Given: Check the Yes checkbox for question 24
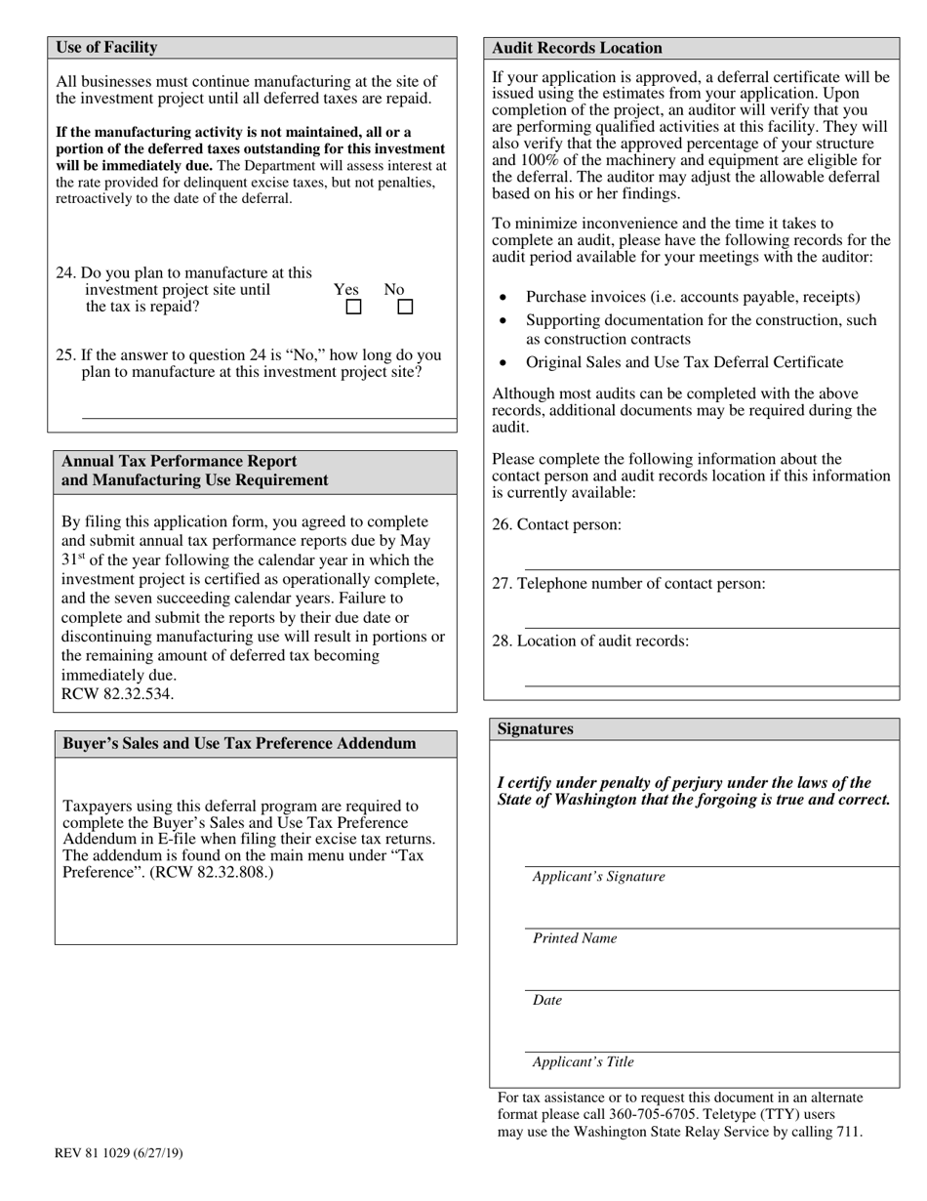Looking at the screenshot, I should tap(354, 307).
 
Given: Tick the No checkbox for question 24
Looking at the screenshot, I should tap(405, 307).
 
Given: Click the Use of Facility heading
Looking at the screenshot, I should tap(106, 48).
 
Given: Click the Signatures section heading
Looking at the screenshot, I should tap(536, 729).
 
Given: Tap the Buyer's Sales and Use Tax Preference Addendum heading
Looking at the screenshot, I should tap(239, 744).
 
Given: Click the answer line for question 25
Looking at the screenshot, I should tap(268, 410).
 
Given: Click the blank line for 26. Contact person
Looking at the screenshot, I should tap(711, 560).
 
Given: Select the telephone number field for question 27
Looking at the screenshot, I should tap(711, 619).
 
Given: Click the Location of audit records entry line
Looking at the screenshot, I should tap(711, 678).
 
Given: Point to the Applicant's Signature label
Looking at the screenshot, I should tap(598, 877).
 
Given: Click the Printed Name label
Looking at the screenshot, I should tap(575, 938).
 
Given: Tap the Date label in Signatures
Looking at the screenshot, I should tap(547, 1001).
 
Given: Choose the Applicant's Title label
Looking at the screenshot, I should tap(583, 1062).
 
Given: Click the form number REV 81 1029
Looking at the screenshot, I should tap(118, 1153).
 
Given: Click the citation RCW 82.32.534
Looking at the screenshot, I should tap(117, 694).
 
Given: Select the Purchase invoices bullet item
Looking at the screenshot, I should tap(693, 297).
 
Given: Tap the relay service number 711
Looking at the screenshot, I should tap(849, 1133).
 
